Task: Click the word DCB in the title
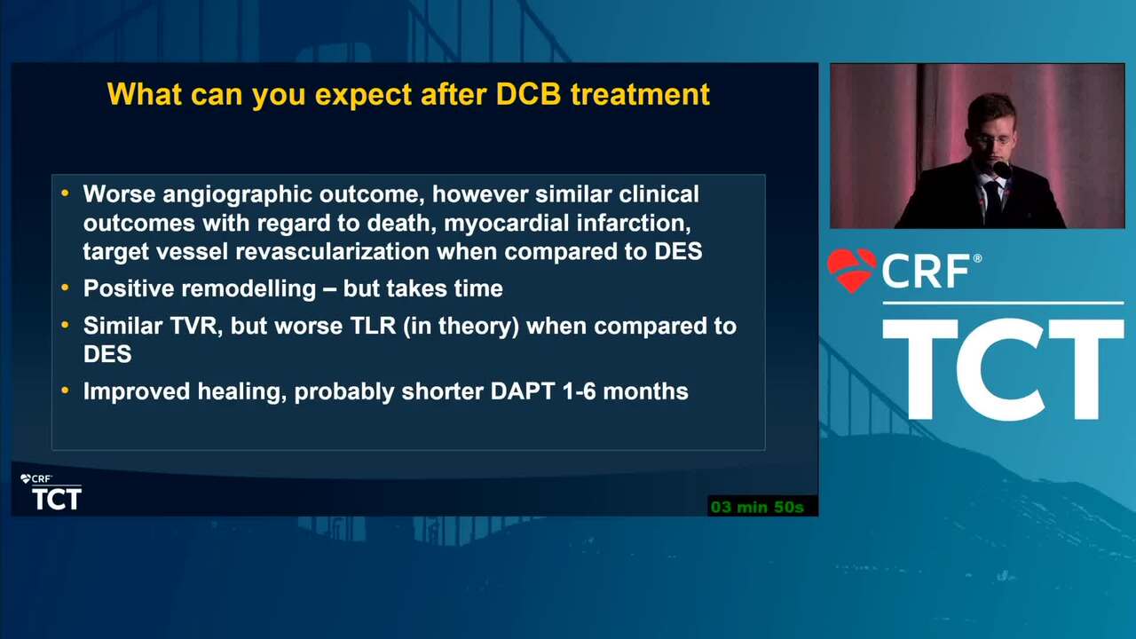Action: (x=528, y=94)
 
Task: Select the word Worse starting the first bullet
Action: (x=119, y=194)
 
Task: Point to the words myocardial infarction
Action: (x=567, y=223)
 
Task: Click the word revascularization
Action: (x=333, y=251)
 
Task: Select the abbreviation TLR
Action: (x=374, y=326)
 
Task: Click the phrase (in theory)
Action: (x=461, y=326)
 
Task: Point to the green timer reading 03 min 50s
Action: (x=757, y=507)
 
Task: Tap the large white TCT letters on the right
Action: (x=1003, y=370)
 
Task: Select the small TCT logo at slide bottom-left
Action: (x=57, y=499)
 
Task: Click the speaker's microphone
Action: (x=1002, y=169)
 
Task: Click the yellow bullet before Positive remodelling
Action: (x=65, y=288)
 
